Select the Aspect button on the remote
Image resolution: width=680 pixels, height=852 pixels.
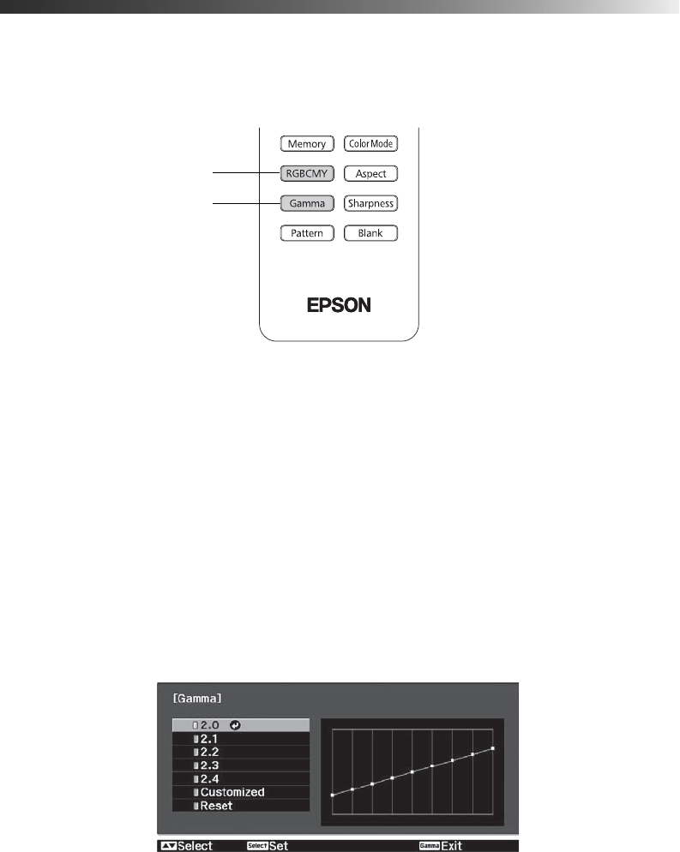370,174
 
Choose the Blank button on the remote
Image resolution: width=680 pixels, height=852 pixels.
370,233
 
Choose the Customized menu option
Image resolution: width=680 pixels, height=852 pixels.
232,792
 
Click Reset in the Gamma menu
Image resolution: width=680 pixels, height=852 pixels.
216,806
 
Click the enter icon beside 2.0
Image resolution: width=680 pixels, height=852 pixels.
235,725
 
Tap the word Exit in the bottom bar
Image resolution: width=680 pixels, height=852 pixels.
453,846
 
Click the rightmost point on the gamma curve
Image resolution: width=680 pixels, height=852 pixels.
493,748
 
